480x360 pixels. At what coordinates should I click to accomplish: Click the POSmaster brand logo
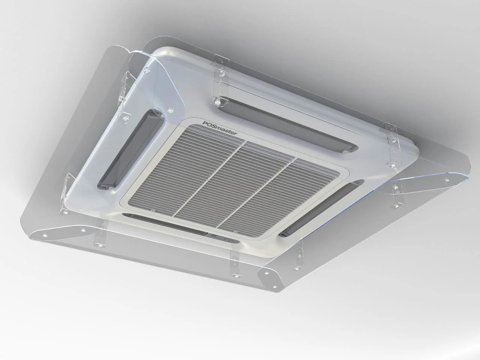219,128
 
